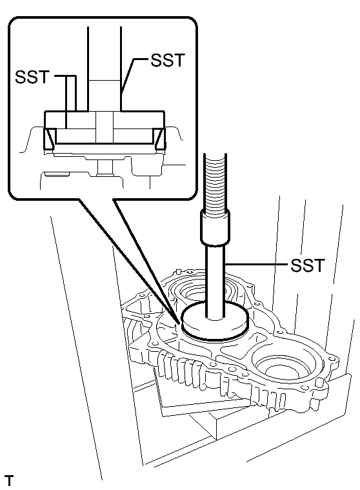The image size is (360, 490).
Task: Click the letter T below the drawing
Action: pyautogui.click(x=9, y=480)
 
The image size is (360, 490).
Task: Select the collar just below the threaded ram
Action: pyautogui.click(x=214, y=230)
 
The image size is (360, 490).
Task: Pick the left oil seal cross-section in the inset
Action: pyautogui.click(x=50, y=137)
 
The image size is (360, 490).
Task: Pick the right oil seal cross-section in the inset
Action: pyautogui.click(x=159, y=137)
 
